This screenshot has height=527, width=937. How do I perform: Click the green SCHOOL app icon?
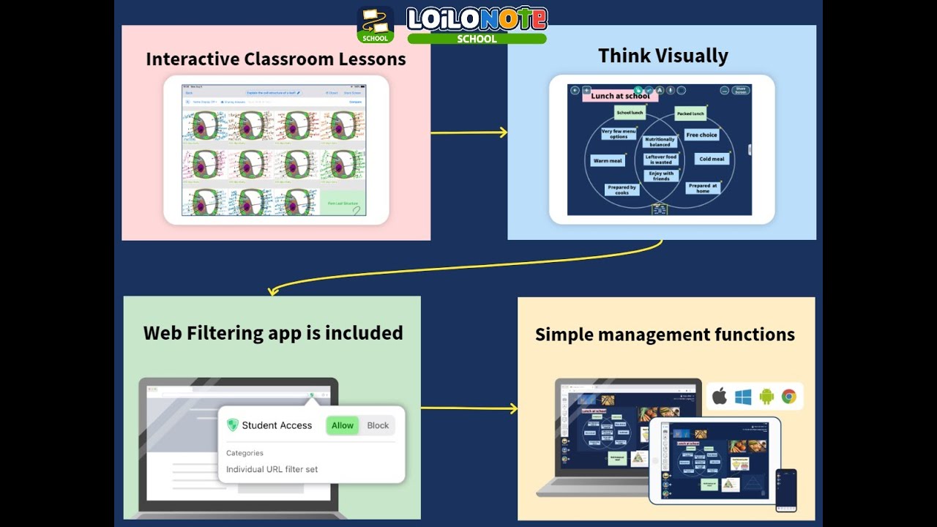tap(376, 25)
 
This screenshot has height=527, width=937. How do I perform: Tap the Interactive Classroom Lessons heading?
tap(276, 59)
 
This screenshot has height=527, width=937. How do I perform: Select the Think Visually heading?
tap(662, 56)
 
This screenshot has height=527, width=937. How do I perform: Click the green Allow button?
tap(343, 425)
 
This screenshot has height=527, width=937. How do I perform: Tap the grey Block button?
tap(378, 425)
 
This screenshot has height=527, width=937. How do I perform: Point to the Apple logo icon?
tap(720, 397)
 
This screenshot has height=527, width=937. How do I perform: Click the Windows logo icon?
tap(743, 397)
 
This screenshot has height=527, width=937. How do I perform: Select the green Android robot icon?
tap(766, 397)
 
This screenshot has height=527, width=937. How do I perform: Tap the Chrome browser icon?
tap(788, 397)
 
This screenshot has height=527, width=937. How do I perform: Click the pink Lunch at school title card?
tap(619, 96)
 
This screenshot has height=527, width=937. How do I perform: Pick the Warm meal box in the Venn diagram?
tap(608, 160)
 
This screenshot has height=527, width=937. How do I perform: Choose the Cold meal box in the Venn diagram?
tap(712, 159)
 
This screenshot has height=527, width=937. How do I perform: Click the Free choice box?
tap(701, 135)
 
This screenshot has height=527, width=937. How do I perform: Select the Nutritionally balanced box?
tap(660, 142)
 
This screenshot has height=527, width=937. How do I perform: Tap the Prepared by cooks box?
tap(621, 190)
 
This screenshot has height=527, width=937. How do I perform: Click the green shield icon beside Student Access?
tap(233, 425)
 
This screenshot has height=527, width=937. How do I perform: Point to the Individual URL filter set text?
tap(272, 469)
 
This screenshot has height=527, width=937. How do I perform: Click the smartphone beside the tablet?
tap(786, 490)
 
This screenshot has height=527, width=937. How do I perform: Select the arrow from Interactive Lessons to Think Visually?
tap(468, 132)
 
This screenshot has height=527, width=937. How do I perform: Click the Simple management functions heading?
tap(665, 334)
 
